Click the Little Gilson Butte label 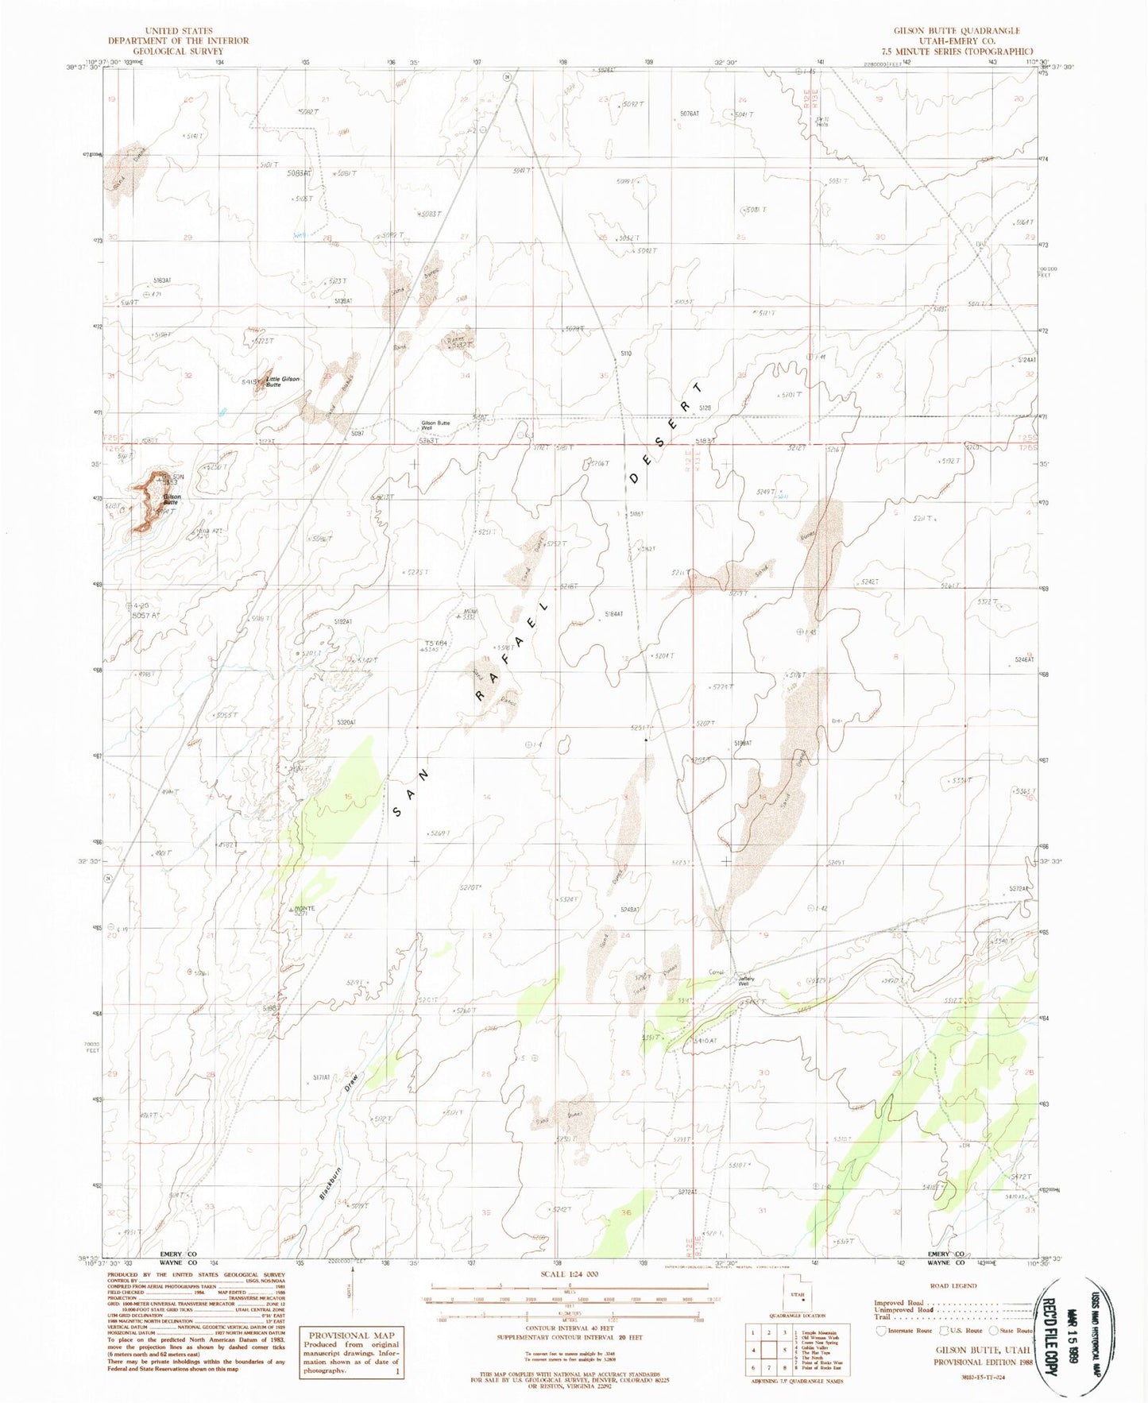tap(283, 381)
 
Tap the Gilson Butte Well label tap(435, 425)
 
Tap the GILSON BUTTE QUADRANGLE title tap(957, 30)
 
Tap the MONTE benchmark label tap(305, 908)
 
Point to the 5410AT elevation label tap(705, 1042)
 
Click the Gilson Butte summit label tap(172, 500)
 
